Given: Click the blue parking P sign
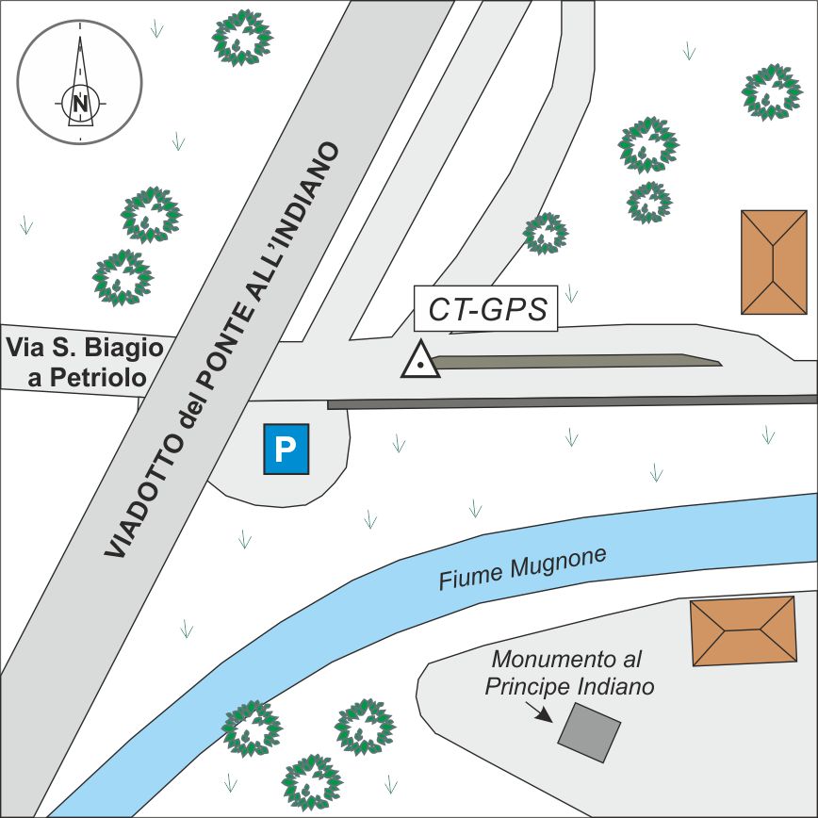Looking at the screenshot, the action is (286, 450).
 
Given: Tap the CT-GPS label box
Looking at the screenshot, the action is (487, 309).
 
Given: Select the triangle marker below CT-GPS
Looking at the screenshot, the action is (420, 361).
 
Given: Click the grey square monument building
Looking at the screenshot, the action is (590, 733).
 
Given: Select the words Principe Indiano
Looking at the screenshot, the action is (569, 686).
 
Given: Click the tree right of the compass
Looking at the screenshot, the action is (241, 38).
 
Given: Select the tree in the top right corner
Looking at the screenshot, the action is (771, 91).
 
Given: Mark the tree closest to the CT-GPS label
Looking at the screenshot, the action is (546, 233).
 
